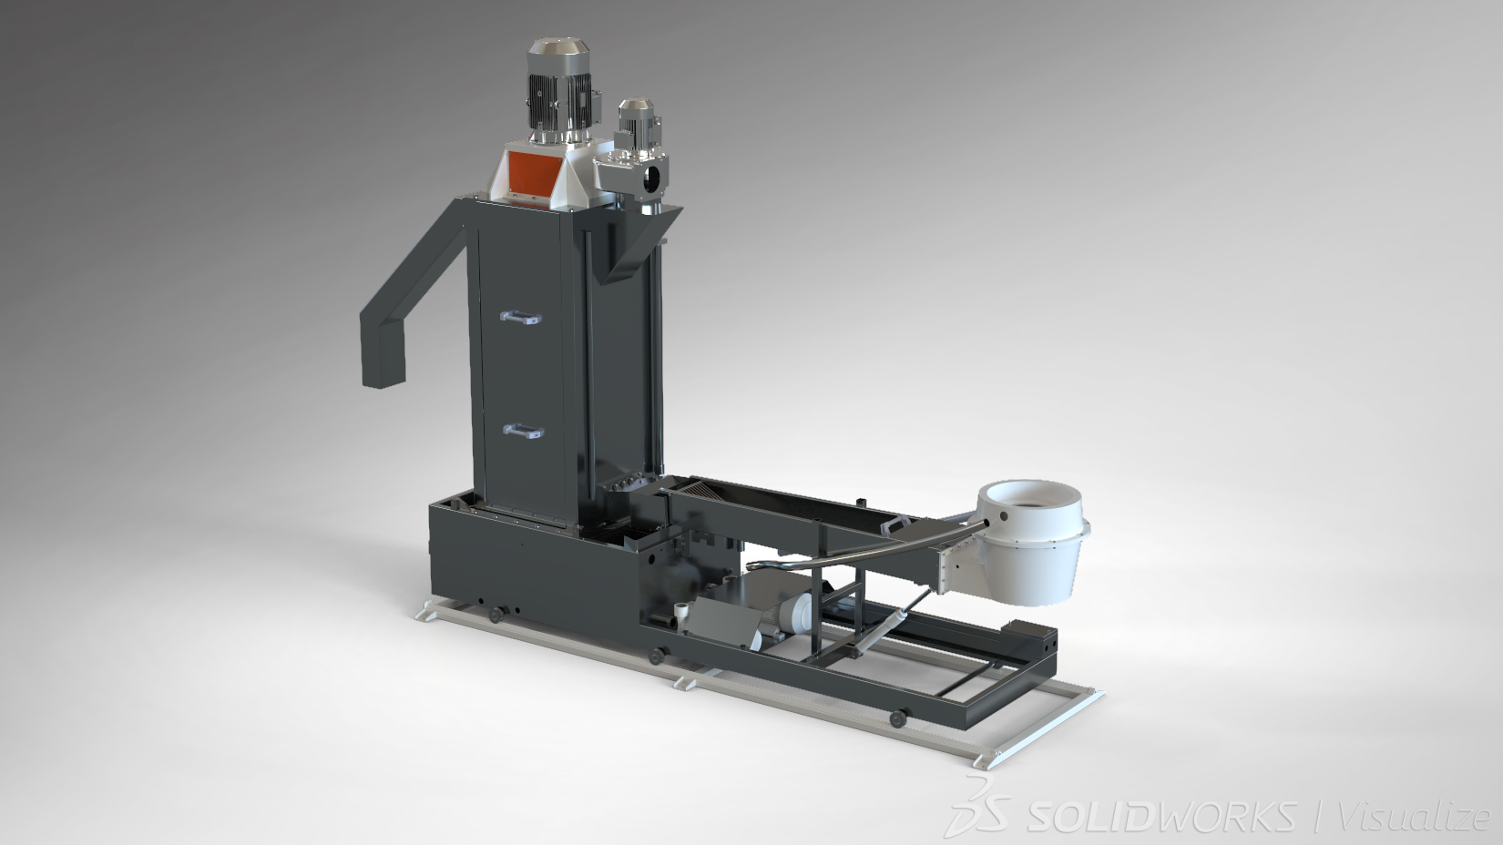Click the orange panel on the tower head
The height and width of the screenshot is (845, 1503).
tap(534, 170)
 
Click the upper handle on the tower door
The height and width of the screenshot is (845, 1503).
tap(521, 317)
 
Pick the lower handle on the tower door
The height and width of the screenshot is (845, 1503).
tap(524, 432)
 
